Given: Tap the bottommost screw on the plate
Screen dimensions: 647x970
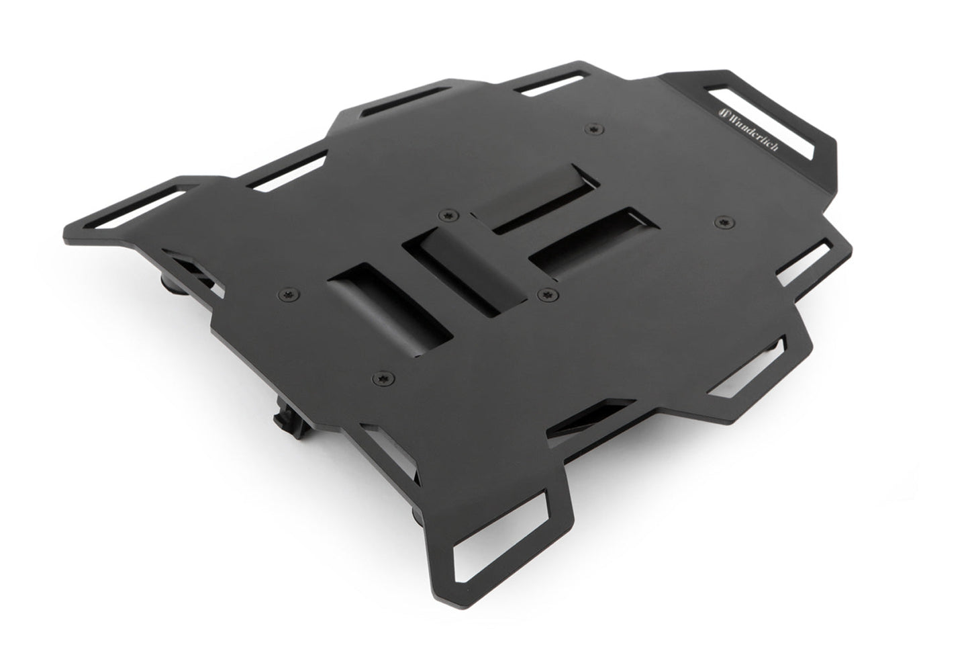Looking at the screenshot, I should point(383,376).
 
